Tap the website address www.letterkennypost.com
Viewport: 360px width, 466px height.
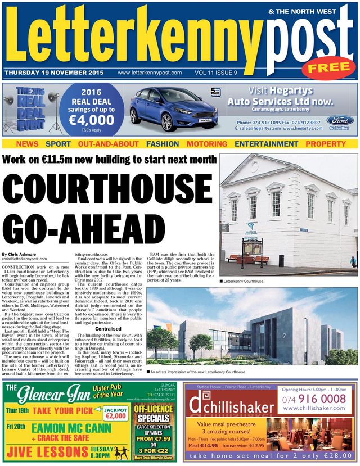point(149,73)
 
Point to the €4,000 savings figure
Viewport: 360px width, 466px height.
point(91,119)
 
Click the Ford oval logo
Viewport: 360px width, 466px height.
point(339,121)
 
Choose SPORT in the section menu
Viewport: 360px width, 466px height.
point(58,144)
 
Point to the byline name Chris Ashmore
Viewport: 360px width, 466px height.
point(21,254)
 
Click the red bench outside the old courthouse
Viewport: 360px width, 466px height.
point(241,259)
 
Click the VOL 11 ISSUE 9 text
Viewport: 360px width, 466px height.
point(215,73)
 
